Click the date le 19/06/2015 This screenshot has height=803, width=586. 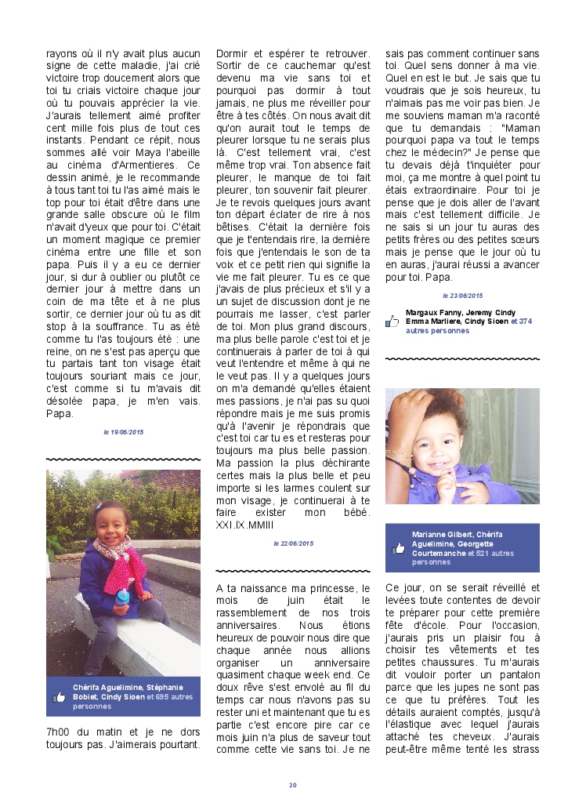click(123, 432)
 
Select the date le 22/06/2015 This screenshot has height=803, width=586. click(293, 543)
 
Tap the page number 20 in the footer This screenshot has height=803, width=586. click(293, 785)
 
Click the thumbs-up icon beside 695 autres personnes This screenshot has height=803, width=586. click(59, 696)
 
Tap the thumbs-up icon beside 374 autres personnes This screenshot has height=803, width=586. click(392, 322)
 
